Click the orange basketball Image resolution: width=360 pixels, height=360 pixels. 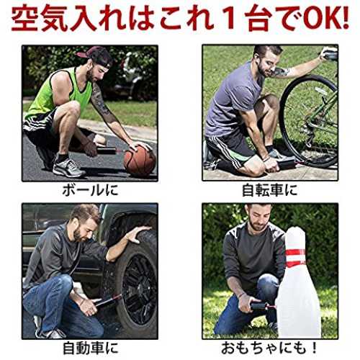tap(140, 161)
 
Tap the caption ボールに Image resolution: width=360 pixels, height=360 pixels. tap(90, 190)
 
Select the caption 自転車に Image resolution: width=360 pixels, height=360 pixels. tap(270, 190)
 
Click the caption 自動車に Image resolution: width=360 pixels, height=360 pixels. tap(91, 348)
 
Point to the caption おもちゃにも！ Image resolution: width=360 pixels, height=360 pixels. tap(270, 348)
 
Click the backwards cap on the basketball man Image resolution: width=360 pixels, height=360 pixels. tap(95, 57)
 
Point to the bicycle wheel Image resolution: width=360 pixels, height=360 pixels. tap(310, 121)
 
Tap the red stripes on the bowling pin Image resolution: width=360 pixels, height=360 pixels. tap(296, 258)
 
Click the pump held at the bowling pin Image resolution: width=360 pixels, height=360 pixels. tap(262, 307)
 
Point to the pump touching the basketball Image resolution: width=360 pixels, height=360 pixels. tap(109, 151)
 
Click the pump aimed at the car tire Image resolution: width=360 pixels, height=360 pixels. tap(109, 300)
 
